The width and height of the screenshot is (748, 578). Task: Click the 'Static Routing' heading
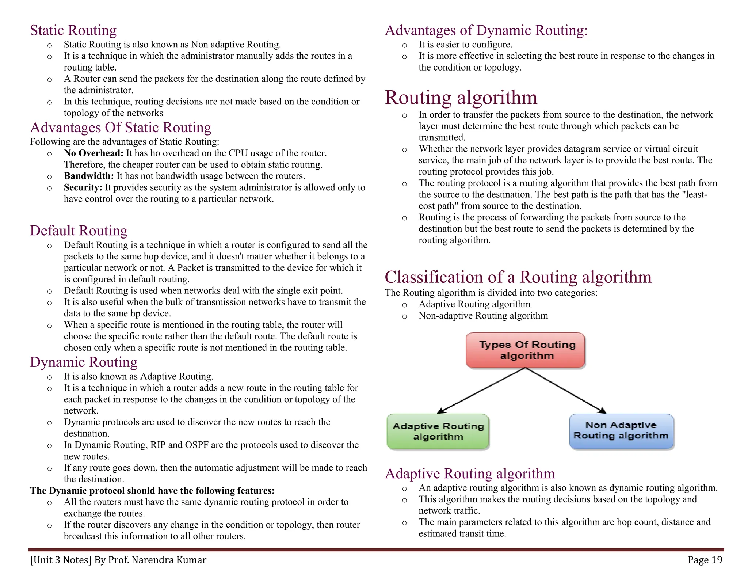click(x=73, y=30)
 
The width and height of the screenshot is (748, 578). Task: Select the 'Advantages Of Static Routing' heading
click(x=121, y=128)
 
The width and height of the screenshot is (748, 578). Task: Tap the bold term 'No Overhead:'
click(x=93, y=153)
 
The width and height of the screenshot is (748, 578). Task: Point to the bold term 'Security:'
click(x=83, y=187)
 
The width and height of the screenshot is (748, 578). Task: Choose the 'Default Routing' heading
click(x=79, y=231)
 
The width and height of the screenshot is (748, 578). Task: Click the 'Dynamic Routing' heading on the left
click(x=84, y=362)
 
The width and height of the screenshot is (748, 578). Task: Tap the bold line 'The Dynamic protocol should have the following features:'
click(x=152, y=491)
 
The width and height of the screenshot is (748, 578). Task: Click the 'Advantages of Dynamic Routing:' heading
click(x=486, y=30)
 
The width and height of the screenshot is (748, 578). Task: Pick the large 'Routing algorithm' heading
click(x=461, y=98)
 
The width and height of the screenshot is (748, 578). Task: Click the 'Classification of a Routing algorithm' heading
click(x=518, y=277)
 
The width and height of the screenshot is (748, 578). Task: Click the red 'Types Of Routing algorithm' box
click(x=526, y=350)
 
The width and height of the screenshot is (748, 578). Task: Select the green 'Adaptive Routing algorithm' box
click(x=438, y=431)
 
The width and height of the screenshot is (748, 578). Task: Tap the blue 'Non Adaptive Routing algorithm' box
click(x=621, y=431)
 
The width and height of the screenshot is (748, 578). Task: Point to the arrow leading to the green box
click(x=481, y=391)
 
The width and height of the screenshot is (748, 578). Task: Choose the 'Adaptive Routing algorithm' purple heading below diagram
click(x=470, y=474)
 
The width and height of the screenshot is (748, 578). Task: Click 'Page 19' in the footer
click(x=705, y=560)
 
